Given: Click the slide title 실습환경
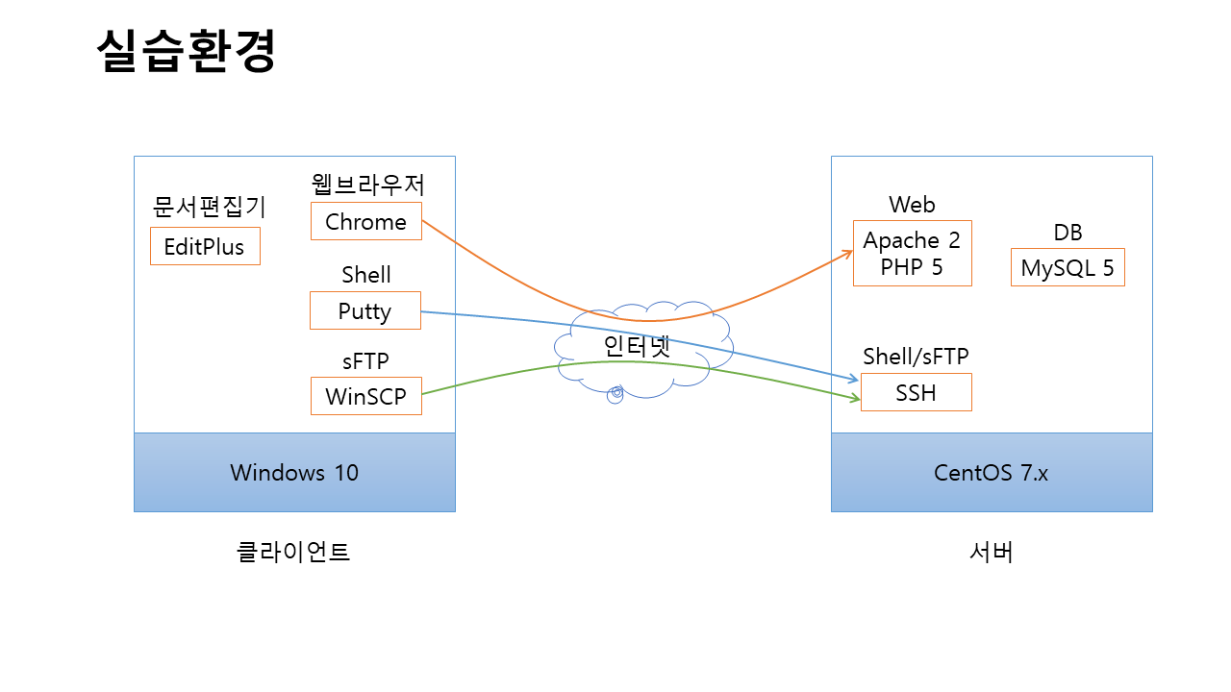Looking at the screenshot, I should point(187,52).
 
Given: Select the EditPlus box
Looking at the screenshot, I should point(205,246).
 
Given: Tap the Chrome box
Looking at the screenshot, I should point(365,221).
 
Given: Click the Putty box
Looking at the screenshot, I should point(364,310).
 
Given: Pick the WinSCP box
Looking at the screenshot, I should point(365,395).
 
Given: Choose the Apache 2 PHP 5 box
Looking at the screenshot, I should point(912,253).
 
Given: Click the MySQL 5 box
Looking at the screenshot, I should point(1067,267).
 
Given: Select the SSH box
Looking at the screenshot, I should point(916,392).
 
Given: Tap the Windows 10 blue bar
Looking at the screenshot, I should point(294,472).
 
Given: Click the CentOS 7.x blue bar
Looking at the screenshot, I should point(991,472).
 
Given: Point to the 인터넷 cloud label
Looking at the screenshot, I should point(636,346).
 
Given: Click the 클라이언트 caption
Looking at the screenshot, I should point(293,552).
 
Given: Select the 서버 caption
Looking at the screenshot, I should point(991,552).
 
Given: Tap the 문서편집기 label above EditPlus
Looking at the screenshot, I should point(210,207).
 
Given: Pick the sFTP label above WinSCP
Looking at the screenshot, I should point(365,360).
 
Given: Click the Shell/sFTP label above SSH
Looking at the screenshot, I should point(916,356).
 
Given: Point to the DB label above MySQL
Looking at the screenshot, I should point(1068,233).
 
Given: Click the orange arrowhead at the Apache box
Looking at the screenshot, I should point(848,253).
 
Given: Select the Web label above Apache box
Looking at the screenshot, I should point(912,204).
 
